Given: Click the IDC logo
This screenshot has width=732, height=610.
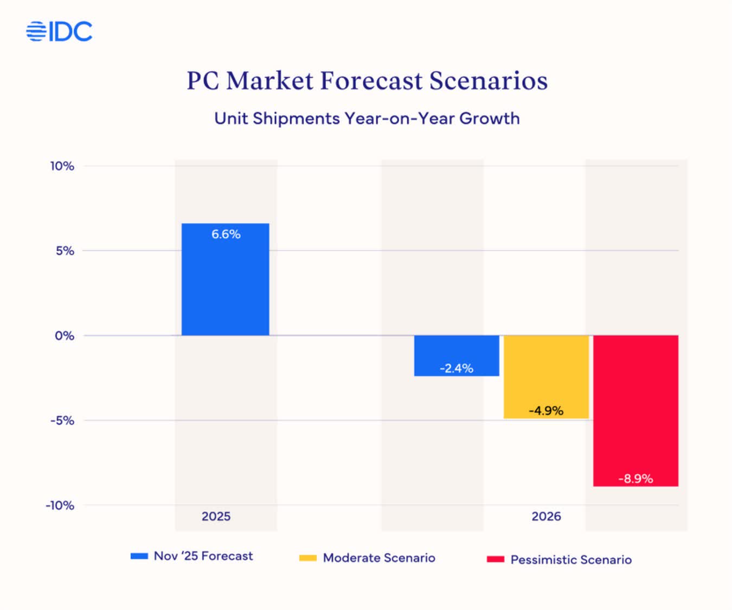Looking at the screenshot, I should (x=59, y=31).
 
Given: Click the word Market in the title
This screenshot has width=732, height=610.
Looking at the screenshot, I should (x=269, y=81).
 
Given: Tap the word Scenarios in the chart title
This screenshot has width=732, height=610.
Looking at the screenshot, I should (x=488, y=81).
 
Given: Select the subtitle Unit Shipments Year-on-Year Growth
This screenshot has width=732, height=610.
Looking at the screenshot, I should (x=367, y=118).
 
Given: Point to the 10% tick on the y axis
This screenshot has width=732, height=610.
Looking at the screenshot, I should (x=62, y=166).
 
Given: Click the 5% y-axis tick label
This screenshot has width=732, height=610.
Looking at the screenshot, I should (x=65, y=251).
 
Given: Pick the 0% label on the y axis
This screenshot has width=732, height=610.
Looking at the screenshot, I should (x=65, y=336).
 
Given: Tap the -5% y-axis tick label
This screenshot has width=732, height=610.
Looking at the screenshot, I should (x=62, y=421).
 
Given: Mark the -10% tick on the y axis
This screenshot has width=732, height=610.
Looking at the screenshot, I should (x=60, y=505).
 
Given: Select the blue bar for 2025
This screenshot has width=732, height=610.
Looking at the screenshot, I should (x=225, y=287).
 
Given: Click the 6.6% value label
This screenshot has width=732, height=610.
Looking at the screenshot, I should (x=226, y=234).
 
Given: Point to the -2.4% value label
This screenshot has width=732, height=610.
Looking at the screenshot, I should (x=456, y=369).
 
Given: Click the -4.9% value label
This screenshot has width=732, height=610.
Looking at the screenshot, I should (x=546, y=410).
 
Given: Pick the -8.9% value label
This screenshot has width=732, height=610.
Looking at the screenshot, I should (x=635, y=479).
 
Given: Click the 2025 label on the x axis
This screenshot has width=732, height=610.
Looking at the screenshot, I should (x=216, y=516).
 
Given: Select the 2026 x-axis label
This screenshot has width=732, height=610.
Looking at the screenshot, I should (x=546, y=516).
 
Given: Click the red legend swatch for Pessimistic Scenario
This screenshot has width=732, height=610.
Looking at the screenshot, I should (x=495, y=559).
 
